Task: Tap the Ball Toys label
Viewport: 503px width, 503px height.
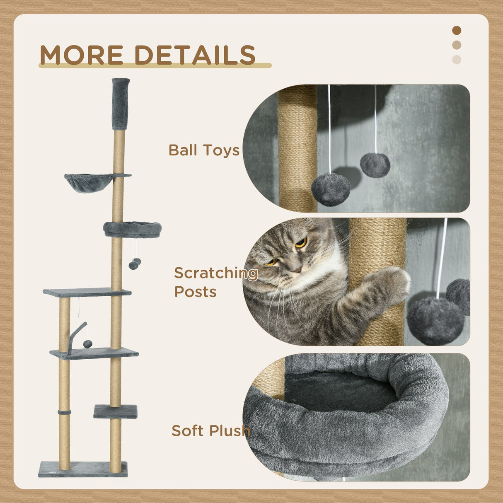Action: pyautogui.click(x=204, y=150)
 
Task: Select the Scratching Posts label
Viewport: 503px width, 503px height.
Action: pyautogui.click(x=215, y=282)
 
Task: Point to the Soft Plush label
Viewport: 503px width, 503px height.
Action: pyautogui.click(x=210, y=430)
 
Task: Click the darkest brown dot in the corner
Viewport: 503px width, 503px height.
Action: pyautogui.click(x=457, y=30)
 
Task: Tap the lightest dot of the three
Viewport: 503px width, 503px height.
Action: pyautogui.click(x=457, y=60)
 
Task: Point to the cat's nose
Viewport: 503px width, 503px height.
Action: pyautogui.click(x=296, y=269)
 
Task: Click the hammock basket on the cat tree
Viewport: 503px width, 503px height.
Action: pyautogui.click(x=88, y=182)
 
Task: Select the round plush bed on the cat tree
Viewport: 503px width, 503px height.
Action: pyautogui.click(x=133, y=229)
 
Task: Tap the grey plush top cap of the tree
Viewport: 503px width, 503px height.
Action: pyautogui.click(x=121, y=104)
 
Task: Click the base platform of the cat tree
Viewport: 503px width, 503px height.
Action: pyautogui.click(x=83, y=469)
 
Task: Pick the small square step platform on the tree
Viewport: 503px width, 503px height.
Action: pyautogui.click(x=115, y=411)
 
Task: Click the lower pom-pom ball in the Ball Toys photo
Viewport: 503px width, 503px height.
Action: pyautogui.click(x=331, y=189)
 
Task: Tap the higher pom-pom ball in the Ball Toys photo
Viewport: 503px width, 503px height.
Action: pyautogui.click(x=375, y=165)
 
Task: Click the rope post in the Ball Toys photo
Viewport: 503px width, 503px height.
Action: pyautogui.click(x=297, y=149)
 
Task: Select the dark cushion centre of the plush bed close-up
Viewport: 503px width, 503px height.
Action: pyautogui.click(x=340, y=389)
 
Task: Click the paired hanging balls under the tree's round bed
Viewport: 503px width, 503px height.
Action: pyautogui.click(x=135, y=264)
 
